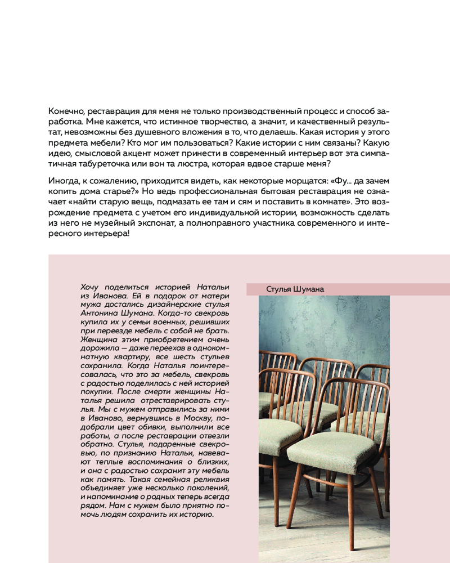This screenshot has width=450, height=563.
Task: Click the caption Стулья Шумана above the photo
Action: point(295,289)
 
